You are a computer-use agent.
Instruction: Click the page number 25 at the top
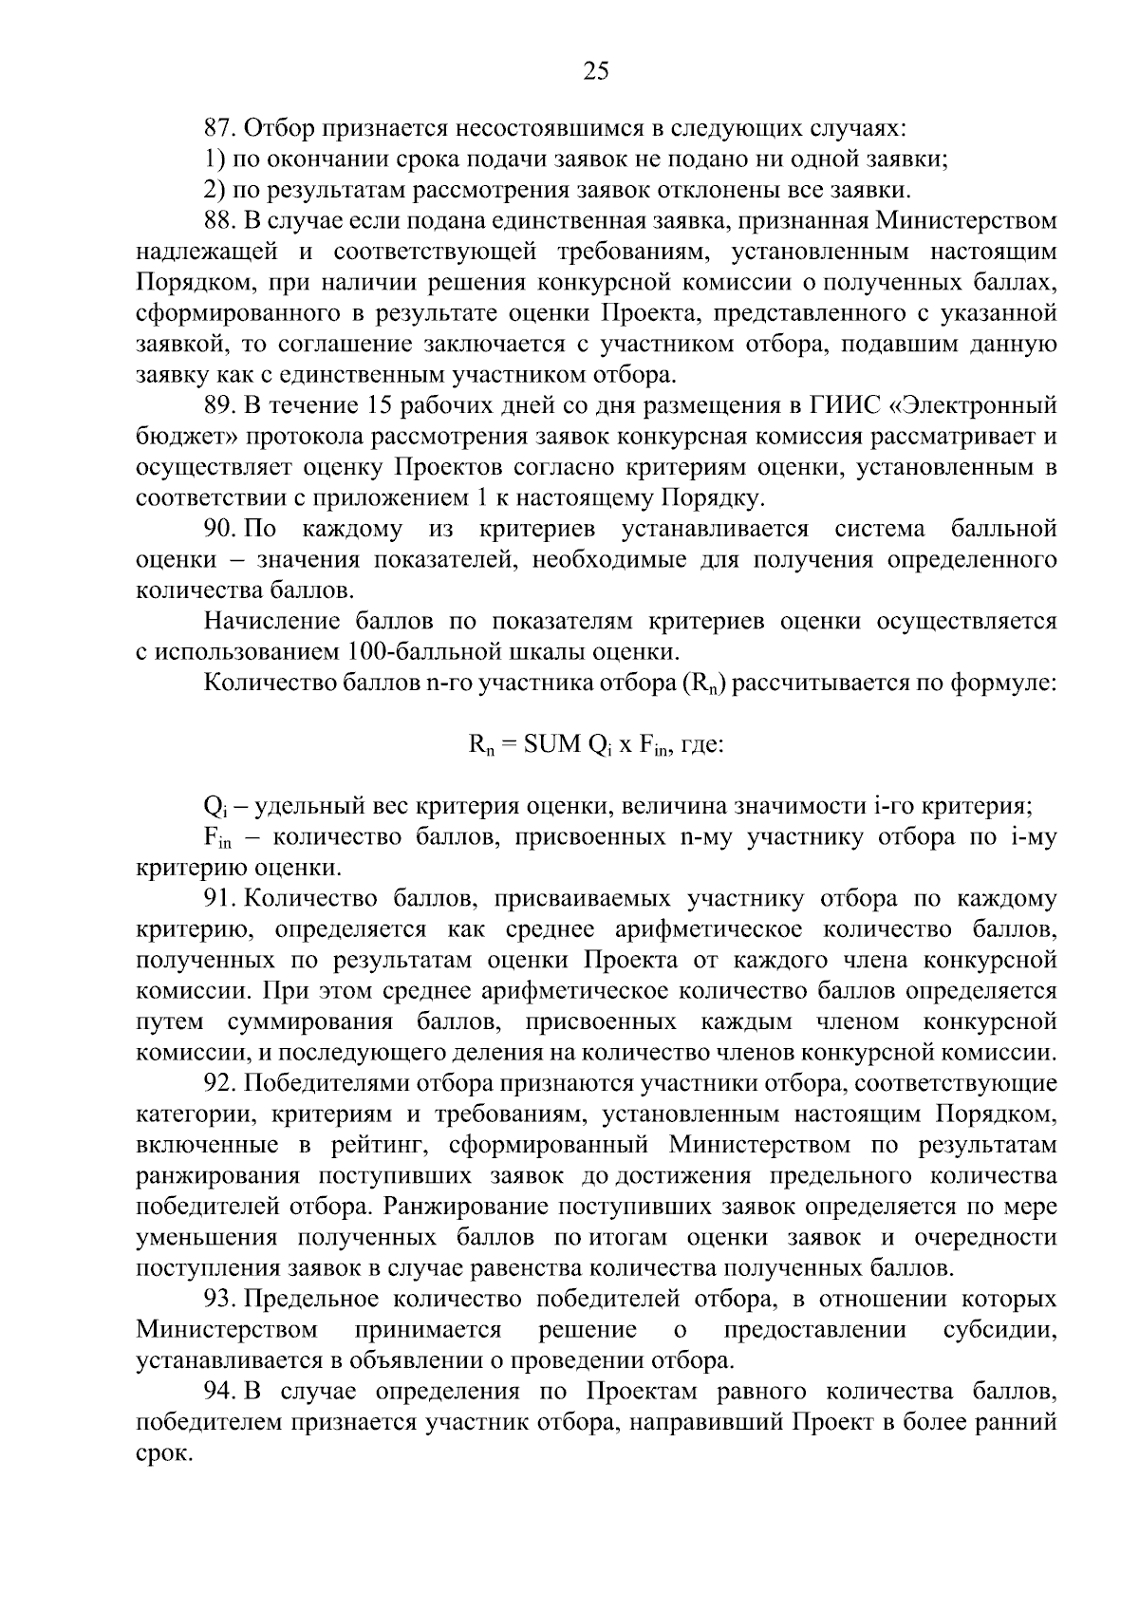tap(595, 72)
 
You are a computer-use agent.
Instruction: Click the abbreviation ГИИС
tap(833, 405)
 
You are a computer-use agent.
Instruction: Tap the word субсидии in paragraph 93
tap(999, 1329)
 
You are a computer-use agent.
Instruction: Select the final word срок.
tap(164, 1453)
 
